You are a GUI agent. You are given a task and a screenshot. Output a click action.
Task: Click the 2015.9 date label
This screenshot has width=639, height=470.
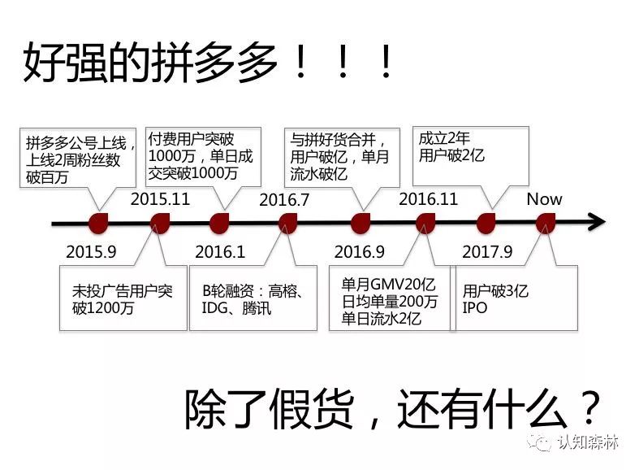[x=91, y=252]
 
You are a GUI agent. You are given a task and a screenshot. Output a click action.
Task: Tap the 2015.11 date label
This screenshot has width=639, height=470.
[x=160, y=199]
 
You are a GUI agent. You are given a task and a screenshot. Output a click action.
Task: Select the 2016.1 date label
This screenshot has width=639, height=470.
[x=220, y=252]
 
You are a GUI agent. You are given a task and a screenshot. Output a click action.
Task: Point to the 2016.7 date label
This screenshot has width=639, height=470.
[x=284, y=200]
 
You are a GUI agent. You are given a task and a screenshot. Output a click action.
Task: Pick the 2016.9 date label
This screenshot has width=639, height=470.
[x=360, y=252]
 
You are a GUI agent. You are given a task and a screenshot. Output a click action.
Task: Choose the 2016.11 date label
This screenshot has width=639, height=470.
[x=429, y=199]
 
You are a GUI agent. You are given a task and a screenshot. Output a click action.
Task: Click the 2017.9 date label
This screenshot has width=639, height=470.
[x=487, y=252]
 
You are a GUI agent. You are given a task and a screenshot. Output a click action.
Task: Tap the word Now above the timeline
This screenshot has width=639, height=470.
[x=545, y=199]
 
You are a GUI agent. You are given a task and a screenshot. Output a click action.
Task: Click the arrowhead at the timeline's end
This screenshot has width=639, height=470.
[x=598, y=223]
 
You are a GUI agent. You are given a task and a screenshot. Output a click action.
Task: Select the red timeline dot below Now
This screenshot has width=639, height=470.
[x=546, y=224]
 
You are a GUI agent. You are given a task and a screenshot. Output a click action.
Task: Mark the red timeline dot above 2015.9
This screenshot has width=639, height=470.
[x=98, y=224]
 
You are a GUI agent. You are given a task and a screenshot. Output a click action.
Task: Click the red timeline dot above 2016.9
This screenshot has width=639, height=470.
[x=361, y=224]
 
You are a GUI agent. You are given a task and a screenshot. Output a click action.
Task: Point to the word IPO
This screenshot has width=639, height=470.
[x=475, y=307]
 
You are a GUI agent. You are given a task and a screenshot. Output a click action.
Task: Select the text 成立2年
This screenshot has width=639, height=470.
[x=444, y=138]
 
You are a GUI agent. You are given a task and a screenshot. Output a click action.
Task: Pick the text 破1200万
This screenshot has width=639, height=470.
[x=103, y=307]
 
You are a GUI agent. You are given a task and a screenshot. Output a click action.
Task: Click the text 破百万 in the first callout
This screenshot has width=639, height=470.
[x=46, y=177]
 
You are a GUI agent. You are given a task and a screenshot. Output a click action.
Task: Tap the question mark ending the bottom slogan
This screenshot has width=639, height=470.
[x=589, y=408]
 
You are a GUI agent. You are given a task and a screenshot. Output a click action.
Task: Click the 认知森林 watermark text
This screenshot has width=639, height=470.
[x=588, y=442]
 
